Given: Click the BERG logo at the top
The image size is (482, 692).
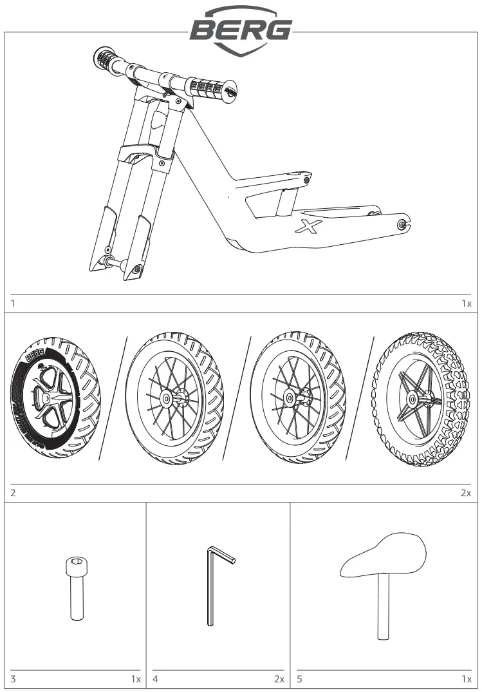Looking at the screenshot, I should pyautogui.click(x=241, y=29).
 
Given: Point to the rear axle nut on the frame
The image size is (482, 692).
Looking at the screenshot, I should pyautogui.click(x=403, y=224).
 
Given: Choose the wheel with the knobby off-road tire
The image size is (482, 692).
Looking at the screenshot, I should pyautogui.click(x=421, y=399).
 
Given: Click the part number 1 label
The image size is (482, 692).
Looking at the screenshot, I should pyautogui.click(x=13, y=303).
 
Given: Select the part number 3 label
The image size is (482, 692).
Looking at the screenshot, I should pyautogui.click(x=13, y=678).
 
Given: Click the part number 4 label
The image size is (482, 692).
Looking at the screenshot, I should pyautogui.click(x=155, y=678).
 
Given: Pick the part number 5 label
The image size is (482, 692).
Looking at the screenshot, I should pyautogui.click(x=299, y=678).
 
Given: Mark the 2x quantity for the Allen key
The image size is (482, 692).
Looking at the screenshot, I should pyautogui.click(x=279, y=678).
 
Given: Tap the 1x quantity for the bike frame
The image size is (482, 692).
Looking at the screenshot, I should pyautogui.click(x=466, y=303).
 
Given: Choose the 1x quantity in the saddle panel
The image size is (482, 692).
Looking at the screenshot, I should pyautogui.click(x=466, y=678).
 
